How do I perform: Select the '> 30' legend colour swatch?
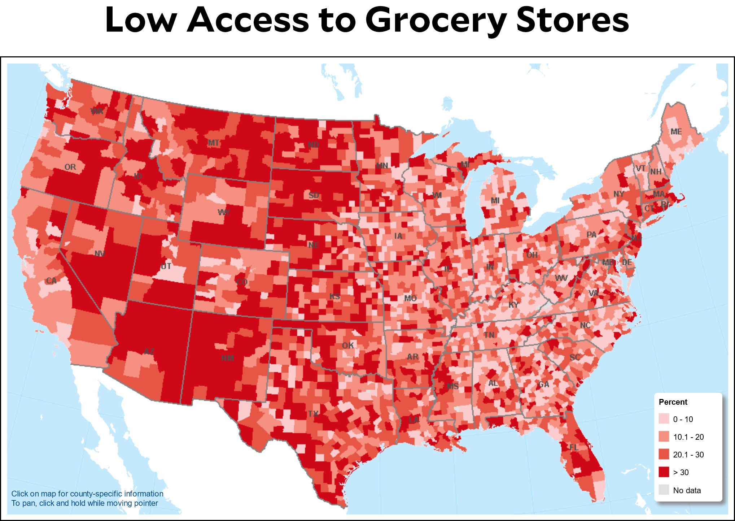pos(664,472)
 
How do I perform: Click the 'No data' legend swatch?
pos(664,490)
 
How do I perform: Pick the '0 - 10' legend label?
pos(683,419)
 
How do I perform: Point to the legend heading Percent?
pos(673,402)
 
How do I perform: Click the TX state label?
pos(313,413)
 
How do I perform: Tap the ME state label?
pos(676,132)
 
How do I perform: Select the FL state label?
pos(574,447)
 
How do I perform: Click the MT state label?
pos(213,143)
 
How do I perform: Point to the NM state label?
pos(227,358)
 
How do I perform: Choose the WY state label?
pos(224,212)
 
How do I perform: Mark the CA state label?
pos(51,281)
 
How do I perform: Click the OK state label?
pos(348,346)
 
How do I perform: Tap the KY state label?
pos(513,305)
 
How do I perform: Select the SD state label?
pos(314,195)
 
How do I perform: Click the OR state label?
pos(70,167)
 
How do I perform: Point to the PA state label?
pos(591,235)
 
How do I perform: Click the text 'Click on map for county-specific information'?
pos(87,494)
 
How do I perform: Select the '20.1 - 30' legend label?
pos(688,455)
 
